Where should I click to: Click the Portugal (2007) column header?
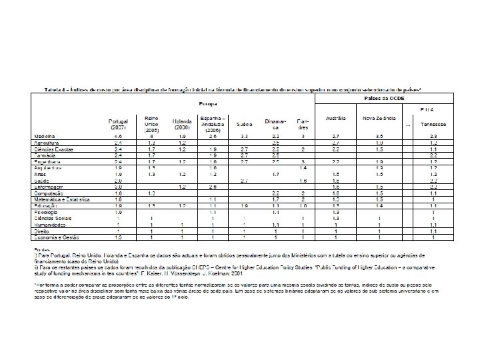pyautogui.click(x=117, y=125)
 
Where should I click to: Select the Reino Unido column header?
pyautogui.click(x=151, y=125)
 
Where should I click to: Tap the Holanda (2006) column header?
pyautogui.click(x=182, y=125)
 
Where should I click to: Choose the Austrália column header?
pyautogui.click(x=336, y=118)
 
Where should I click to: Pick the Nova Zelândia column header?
pyautogui.click(x=378, y=118)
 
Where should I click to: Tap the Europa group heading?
pyautogui.click(x=205, y=104)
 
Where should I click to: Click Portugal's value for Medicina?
pyautogui.click(x=118, y=136)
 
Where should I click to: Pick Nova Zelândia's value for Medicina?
pyautogui.click(x=378, y=136)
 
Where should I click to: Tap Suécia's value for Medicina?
pyautogui.click(x=244, y=136)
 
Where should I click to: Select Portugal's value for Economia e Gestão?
pyautogui.click(x=118, y=237)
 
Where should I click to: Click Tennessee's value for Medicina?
pyautogui.click(x=433, y=136)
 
